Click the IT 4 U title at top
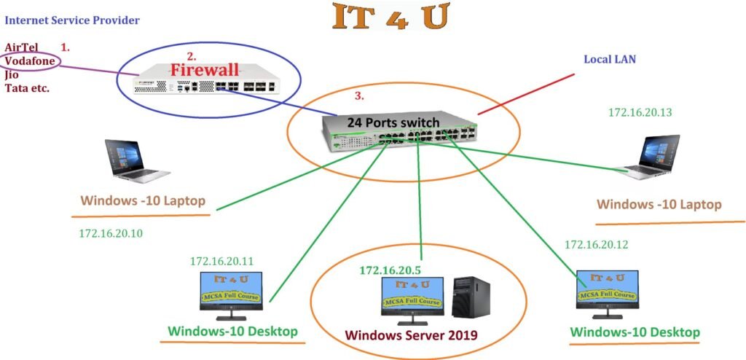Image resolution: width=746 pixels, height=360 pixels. (x=390, y=16)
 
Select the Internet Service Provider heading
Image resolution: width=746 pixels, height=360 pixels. (x=72, y=20)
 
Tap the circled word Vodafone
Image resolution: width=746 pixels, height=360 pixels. (x=30, y=61)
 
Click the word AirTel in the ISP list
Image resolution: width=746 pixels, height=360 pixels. (x=21, y=47)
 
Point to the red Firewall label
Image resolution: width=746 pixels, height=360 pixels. (x=205, y=70)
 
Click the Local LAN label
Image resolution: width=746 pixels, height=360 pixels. (x=610, y=58)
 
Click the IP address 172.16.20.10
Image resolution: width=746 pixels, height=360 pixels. (x=111, y=234)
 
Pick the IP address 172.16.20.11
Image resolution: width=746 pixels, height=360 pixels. (x=222, y=260)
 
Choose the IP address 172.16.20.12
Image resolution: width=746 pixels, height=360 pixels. (x=596, y=244)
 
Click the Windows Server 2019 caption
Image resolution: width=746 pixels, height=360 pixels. (x=411, y=336)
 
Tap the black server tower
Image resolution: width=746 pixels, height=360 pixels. (x=466, y=297)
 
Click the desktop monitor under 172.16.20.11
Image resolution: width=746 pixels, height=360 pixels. (x=232, y=296)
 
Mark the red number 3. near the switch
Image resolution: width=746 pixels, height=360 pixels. (x=358, y=95)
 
